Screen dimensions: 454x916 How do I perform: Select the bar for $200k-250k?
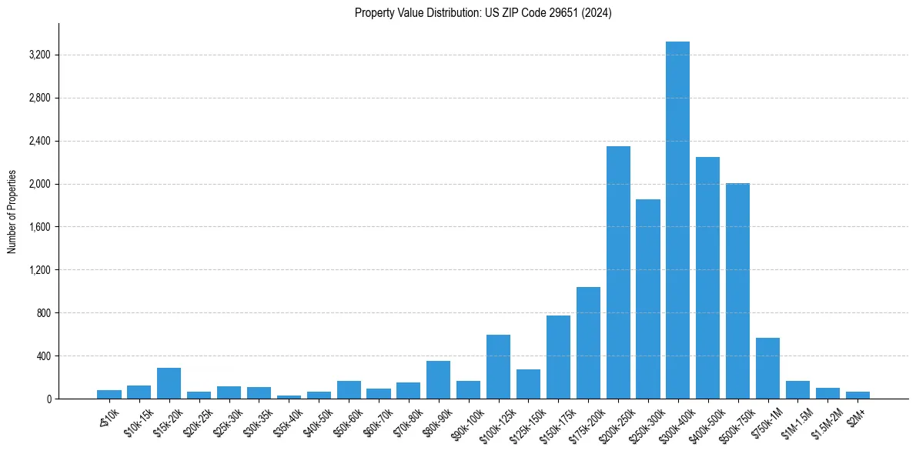[x=618, y=272]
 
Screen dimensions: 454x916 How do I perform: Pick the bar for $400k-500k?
[x=707, y=278]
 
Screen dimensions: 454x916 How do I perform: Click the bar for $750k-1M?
[x=767, y=369]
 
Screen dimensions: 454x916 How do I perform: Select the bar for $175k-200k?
[x=588, y=343]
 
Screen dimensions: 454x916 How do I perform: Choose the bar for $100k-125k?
[x=498, y=367]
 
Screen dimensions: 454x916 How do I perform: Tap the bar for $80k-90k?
[x=438, y=380]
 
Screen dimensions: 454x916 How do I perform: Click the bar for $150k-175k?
[x=558, y=357]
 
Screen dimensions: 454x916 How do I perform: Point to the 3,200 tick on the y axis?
[x=39, y=55]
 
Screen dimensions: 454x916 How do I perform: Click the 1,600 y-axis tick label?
[x=39, y=227]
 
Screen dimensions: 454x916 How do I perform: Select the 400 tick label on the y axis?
[x=44, y=356]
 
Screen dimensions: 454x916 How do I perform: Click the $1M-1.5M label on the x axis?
[x=793, y=418]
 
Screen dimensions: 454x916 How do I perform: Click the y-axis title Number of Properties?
[x=12, y=212]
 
